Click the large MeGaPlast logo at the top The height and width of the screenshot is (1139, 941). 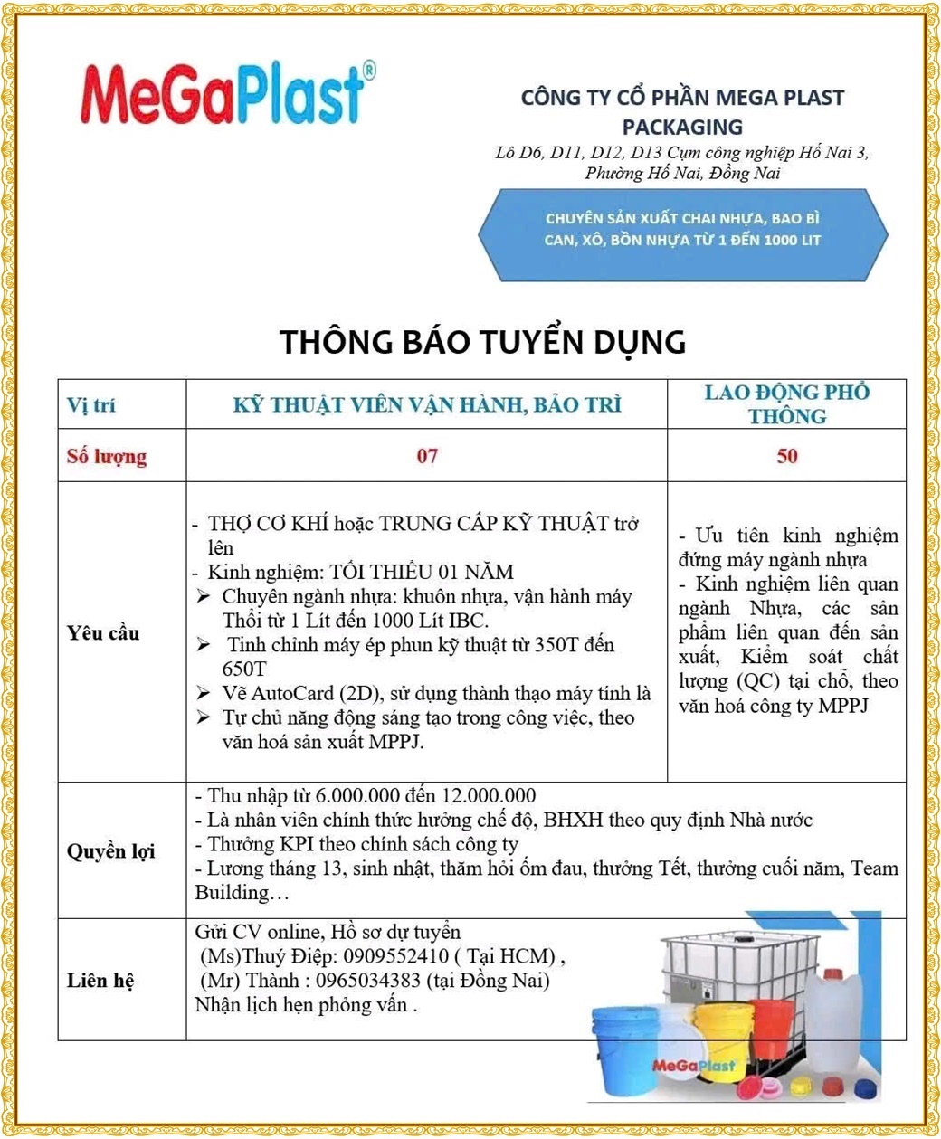click(226, 93)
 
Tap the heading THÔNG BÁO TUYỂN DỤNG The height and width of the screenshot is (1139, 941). click(482, 342)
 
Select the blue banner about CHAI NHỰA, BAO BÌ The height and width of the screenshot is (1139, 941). click(682, 230)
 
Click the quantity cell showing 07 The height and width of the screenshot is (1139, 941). click(427, 456)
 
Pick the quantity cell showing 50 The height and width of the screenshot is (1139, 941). click(786, 456)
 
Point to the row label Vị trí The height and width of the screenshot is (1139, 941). click(91, 405)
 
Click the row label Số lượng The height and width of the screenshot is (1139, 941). click(107, 456)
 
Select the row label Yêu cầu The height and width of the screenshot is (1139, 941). click(103, 632)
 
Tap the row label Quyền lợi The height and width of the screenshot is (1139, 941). click(110, 851)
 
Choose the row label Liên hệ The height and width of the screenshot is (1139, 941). click(100, 981)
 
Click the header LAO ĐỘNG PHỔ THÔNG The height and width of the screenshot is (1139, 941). click(786, 404)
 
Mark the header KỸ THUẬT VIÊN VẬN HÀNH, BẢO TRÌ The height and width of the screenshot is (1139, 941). click(427, 405)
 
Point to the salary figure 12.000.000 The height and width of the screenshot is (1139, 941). click(489, 796)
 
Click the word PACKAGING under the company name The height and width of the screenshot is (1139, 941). click(682, 127)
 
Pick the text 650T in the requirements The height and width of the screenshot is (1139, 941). click(244, 669)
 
